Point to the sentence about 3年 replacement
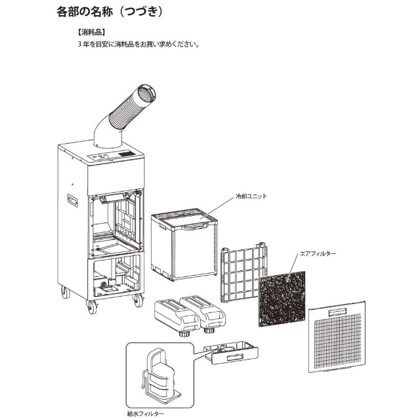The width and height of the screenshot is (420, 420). [x=138, y=45]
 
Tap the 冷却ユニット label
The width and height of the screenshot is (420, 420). [x=251, y=196]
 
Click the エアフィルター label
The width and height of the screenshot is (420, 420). [x=318, y=253]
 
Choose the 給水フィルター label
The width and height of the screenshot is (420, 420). [x=146, y=413]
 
